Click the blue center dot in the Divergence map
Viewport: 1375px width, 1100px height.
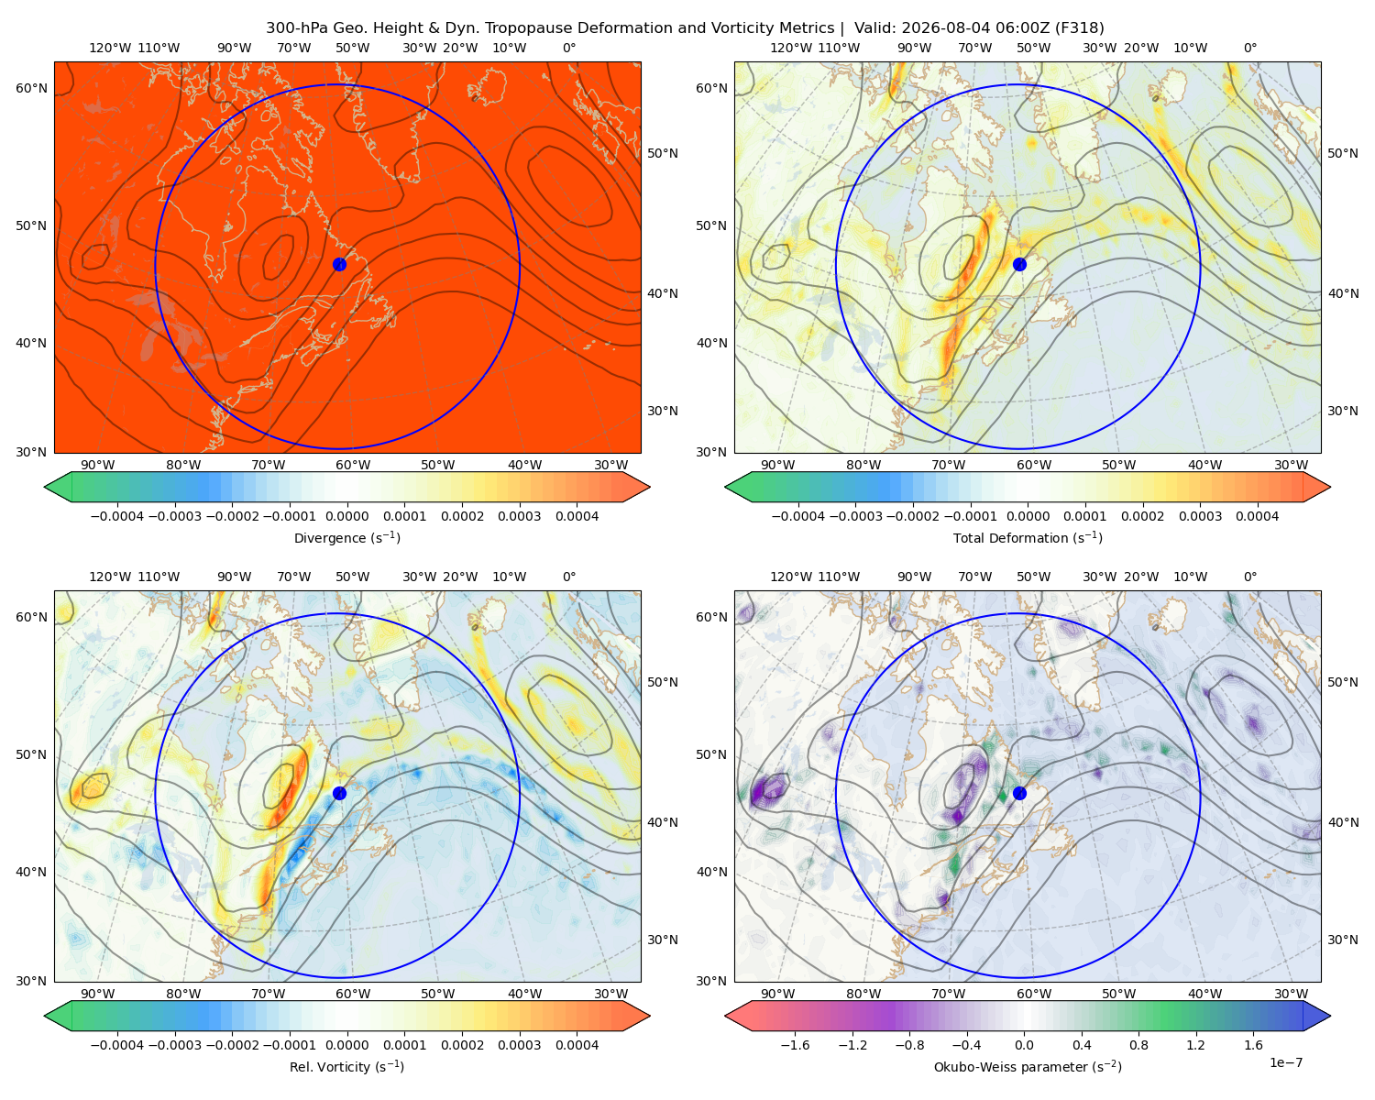pos(339,264)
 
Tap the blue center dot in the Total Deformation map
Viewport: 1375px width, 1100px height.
pos(1019,264)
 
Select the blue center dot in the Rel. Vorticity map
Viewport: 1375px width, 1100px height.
pos(339,793)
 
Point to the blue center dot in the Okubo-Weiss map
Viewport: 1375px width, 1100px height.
pos(1019,793)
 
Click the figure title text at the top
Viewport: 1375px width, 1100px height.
pos(685,28)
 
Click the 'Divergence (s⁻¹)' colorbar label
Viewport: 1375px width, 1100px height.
pos(346,537)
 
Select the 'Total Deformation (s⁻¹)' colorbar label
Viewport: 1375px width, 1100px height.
pos(1028,537)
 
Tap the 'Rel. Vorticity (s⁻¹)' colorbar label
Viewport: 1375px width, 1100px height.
pos(346,1066)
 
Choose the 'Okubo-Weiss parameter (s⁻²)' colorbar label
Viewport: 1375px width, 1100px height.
pos(1028,1066)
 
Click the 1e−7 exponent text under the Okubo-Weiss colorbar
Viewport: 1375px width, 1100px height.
pos(1285,1062)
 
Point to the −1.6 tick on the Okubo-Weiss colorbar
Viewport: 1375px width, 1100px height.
pos(795,1045)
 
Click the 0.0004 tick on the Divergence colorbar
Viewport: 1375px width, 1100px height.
pos(577,516)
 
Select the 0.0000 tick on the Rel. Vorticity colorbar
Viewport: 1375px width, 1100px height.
pos(346,1045)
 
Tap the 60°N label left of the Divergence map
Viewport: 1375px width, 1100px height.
pos(31,88)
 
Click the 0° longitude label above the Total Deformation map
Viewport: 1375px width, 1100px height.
pos(1249,48)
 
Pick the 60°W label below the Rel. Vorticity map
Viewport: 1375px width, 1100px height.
pos(353,994)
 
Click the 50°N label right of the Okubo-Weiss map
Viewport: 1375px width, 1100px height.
pos(1343,682)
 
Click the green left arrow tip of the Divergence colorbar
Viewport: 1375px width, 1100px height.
pos(45,487)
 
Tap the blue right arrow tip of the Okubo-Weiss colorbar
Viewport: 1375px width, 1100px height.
pos(1330,1016)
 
